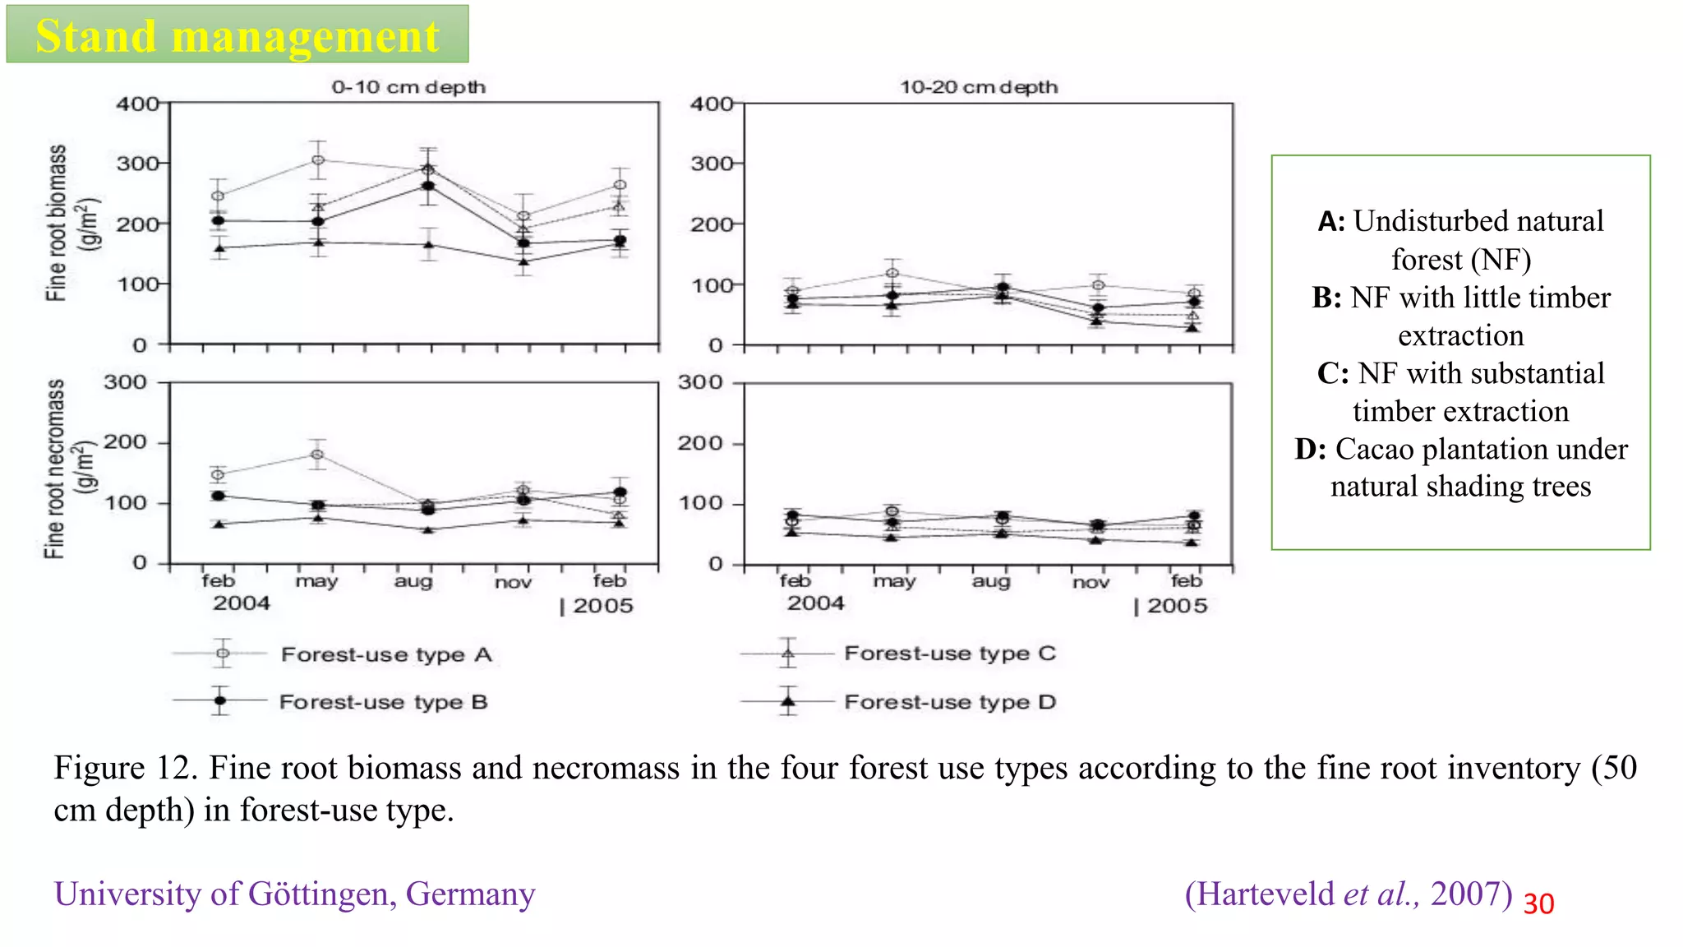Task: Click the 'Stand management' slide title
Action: [237, 36]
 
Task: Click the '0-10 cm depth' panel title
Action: [408, 87]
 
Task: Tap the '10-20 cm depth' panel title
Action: [978, 87]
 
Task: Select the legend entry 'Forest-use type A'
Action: [385, 655]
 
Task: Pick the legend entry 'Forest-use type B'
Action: [383, 703]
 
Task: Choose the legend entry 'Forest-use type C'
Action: [949, 654]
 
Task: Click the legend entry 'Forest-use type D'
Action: [949, 703]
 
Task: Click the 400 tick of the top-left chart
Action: [137, 104]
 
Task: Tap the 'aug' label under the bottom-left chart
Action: [413, 582]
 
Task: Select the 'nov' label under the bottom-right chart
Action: [1090, 583]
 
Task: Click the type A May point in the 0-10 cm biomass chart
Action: [318, 160]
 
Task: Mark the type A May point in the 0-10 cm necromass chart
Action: [318, 455]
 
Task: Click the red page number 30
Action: [1538, 904]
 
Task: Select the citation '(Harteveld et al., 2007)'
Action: [1348, 894]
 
